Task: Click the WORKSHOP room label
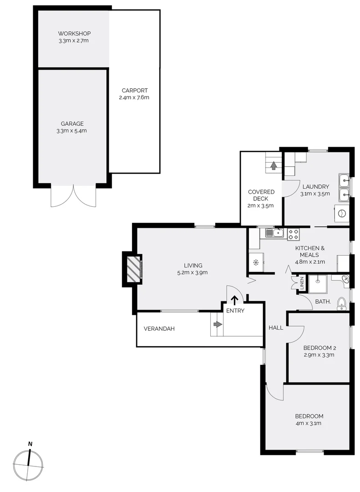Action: [74, 34]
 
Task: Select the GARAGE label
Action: [72, 123]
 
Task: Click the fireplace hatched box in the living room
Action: [132, 269]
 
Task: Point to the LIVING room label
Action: [193, 266]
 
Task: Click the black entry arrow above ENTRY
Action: [235, 300]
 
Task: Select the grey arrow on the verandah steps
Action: [218, 324]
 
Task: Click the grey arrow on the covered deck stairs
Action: [274, 166]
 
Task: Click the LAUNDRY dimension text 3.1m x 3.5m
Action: [314, 194]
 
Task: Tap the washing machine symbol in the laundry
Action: [341, 213]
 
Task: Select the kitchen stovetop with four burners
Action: [293, 234]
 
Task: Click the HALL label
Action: [276, 328]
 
